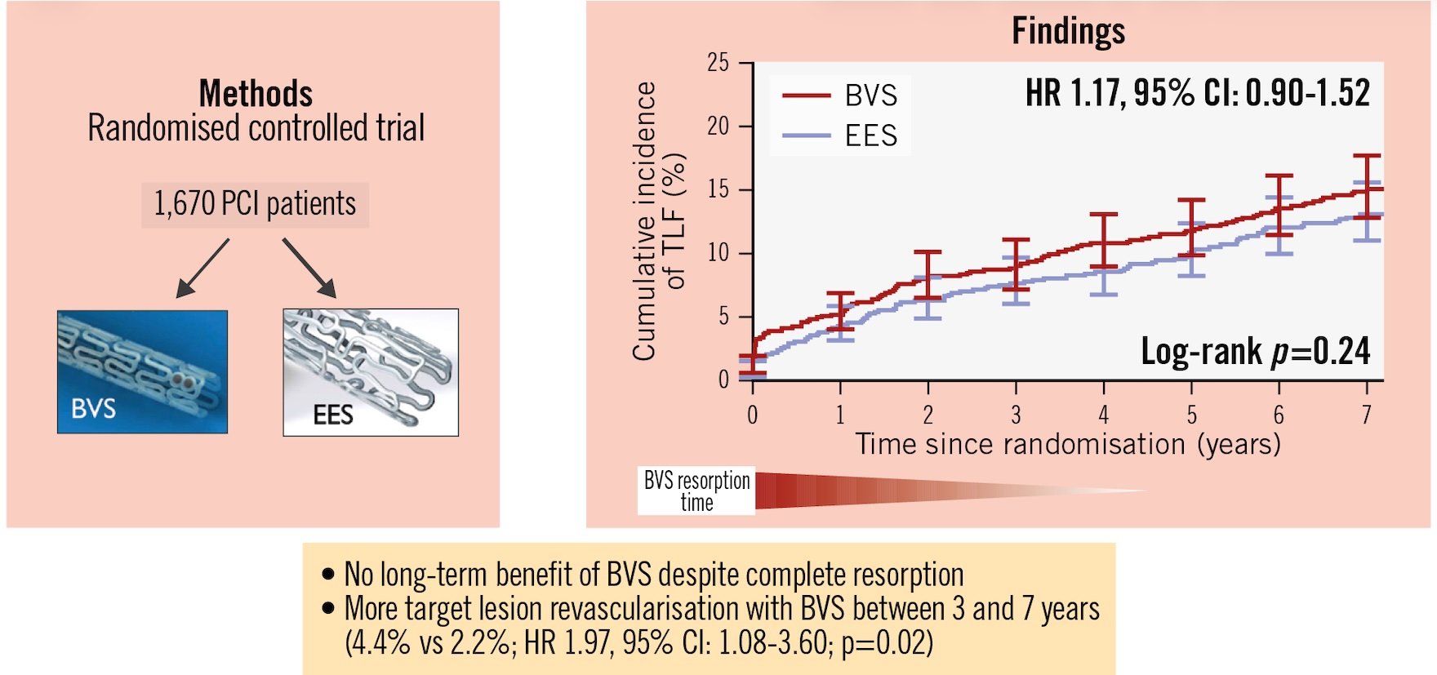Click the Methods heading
(256, 93)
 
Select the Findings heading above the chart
(1068, 32)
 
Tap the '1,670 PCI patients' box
(255, 204)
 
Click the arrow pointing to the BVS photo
(202, 268)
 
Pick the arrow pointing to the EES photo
(309, 268)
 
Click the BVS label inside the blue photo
(93, 408)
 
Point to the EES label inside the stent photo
(333, 415)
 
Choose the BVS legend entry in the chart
(841, 95)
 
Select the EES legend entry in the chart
(841, 135)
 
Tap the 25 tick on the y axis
(718, 63)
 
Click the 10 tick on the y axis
(718, 253)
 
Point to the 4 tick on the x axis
(1103, 415)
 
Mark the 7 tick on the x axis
(1366, 415)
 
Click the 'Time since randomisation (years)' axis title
(1068, 444)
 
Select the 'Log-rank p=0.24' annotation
(1255, 352)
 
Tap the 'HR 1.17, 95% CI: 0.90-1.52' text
(1198, 93)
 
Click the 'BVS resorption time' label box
(696, 491)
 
